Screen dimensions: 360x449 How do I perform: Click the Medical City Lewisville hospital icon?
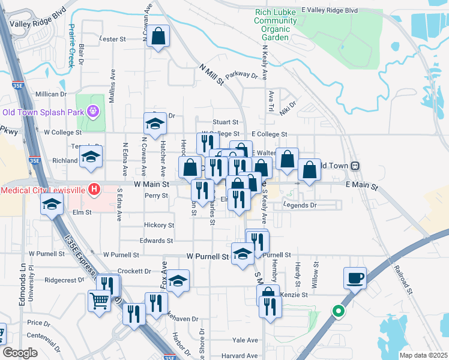coord(94,190)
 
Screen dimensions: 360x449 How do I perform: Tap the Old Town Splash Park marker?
coord(92,111)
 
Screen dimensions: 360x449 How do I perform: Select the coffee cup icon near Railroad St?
coord(354,278)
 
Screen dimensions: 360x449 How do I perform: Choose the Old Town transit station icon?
coord(355,165)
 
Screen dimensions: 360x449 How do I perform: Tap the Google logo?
coord(20,353)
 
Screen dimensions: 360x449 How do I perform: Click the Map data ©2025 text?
coord(423,355)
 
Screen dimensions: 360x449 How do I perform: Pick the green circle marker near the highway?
coord(338,311)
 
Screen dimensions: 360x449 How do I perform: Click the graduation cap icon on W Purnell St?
coord(243,253)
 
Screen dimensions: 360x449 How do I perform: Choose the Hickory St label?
coord(159,226)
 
